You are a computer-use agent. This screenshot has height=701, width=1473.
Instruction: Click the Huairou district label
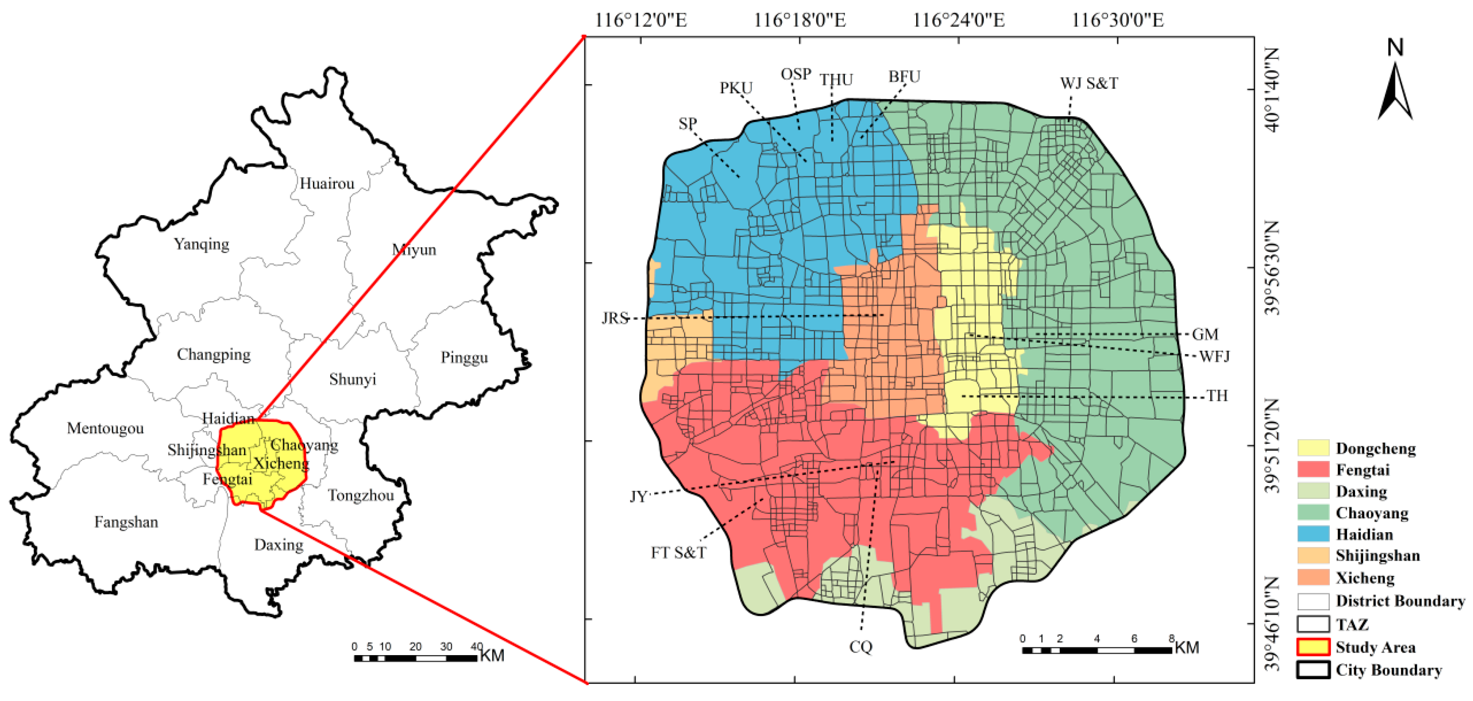pos(327,184)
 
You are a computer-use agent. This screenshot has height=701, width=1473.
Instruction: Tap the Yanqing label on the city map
pos(201,244)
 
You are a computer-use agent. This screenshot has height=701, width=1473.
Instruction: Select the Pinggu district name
pos(464,358)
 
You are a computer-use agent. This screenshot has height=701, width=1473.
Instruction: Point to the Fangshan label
pos(126,522)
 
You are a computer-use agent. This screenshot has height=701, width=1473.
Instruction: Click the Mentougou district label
pos(105,428)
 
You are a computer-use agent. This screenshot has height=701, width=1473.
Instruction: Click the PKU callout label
pos(736,88)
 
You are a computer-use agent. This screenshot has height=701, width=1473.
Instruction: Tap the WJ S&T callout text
pos(1089,83)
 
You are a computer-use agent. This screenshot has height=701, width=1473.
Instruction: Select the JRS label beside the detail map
pos(615,318)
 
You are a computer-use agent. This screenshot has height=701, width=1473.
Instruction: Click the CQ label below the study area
pos(861,647)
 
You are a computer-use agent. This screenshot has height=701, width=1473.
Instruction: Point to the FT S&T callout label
pos(679,552)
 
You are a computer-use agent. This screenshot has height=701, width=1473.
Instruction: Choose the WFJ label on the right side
pos(1214,356)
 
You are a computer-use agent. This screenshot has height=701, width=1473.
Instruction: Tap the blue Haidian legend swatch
pos(1313,534)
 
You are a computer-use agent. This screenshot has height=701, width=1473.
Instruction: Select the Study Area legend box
pos(1313,647)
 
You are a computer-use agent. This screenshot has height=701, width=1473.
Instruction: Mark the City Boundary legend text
pos(1388,670)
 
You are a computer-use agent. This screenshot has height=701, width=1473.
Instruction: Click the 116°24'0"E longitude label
pos(958,21)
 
